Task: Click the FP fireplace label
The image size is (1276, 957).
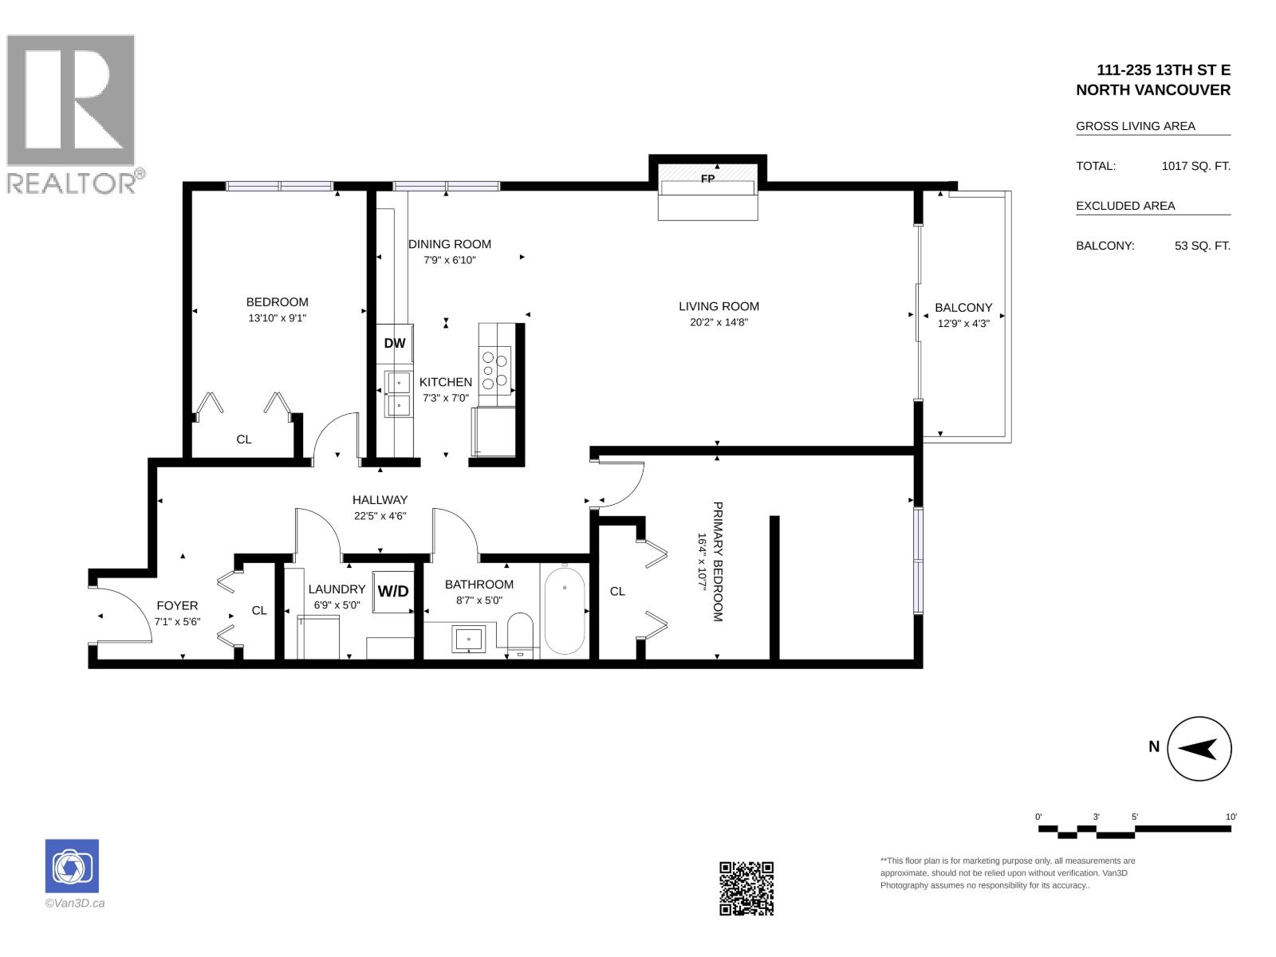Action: coord(707,179)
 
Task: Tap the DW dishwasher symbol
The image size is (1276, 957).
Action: coord(394,343)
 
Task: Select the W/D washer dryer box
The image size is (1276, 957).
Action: coord(393,592)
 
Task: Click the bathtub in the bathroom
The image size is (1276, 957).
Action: coord(565,610)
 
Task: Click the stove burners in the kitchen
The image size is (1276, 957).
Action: coord(494,369)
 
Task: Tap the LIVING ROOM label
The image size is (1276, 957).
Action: coord(719,306)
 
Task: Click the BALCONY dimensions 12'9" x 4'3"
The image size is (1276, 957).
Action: coord(963,324)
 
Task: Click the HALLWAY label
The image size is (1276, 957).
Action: coord(380,500)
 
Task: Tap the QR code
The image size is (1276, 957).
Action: coord(746,888)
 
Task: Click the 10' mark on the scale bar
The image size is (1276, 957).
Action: coord(1231,817)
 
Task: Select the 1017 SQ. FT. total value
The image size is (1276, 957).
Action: coord(1195,166)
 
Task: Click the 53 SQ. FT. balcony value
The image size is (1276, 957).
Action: coord(1202,246)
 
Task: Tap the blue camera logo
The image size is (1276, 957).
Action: coord(72,866)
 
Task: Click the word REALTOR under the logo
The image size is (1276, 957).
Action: coord(72,183)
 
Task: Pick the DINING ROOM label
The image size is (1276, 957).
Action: coord(449,244)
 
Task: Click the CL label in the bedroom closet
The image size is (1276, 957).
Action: coord(243,439)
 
